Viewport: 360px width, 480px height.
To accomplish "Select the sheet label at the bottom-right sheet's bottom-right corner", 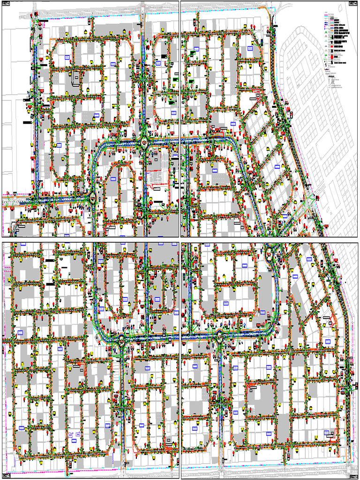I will click(x=353, y=475).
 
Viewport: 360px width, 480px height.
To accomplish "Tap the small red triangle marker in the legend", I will click(x=326, y=42).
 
